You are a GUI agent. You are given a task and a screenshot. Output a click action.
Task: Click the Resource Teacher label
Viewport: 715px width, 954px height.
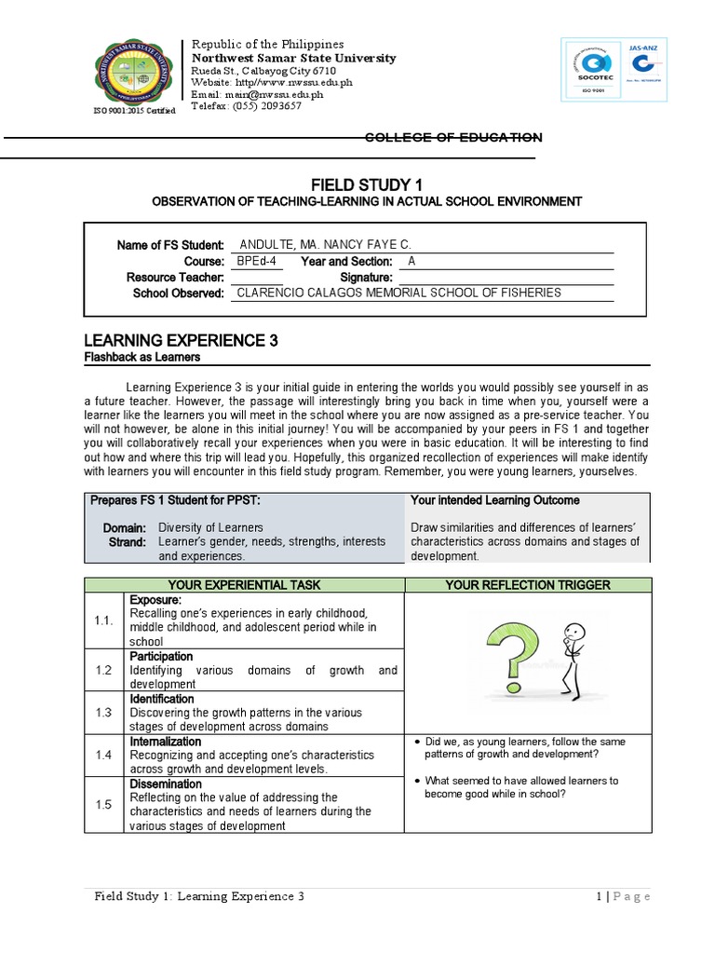coord(175,278)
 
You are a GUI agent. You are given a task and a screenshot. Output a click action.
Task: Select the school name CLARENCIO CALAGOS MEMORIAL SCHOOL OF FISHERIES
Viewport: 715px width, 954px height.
coord(399,293)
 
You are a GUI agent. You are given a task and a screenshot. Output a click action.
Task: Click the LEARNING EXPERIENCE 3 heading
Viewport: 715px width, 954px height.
coord(182,341)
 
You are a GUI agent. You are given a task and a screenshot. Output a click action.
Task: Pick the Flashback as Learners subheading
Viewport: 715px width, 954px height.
coord(142,358)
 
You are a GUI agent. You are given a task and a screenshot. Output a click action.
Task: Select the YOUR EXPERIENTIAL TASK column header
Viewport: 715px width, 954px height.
coord(243,585)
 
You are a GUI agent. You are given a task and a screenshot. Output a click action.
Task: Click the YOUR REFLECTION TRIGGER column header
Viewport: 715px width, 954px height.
coord(528,585)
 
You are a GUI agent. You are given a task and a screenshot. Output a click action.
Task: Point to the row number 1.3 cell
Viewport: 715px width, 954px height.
coord(102,712)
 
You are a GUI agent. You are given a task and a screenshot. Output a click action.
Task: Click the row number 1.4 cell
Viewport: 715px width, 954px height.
coord(102,755)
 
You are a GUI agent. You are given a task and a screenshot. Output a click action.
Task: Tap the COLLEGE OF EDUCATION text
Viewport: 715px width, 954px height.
coord(452,138)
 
